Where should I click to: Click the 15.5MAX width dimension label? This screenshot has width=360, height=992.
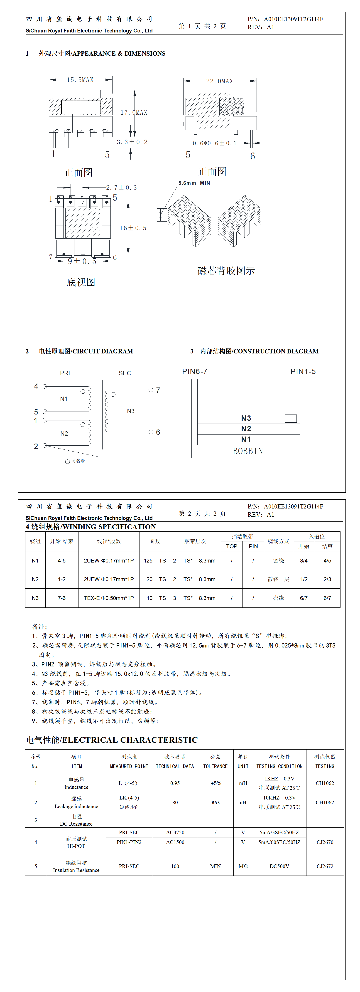80,80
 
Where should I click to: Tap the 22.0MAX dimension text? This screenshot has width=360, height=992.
219,81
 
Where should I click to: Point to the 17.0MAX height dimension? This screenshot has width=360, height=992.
134,112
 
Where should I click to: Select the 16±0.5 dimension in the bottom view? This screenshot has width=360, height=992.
133,228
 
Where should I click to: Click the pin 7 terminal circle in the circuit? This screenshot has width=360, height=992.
151,390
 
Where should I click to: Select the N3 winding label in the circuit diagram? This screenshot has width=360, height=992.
130,411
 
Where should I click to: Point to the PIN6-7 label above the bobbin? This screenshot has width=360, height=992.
194,371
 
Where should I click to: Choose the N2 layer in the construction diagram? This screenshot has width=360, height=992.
246,429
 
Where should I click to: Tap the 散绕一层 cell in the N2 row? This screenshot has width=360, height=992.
278,579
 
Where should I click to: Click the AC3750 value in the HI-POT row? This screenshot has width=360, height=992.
175,832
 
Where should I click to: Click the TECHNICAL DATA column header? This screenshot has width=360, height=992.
175,766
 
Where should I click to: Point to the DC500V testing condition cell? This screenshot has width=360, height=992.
279,866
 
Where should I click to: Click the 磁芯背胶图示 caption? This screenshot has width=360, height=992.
226,271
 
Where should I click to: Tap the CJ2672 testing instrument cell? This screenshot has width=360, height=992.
325,866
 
